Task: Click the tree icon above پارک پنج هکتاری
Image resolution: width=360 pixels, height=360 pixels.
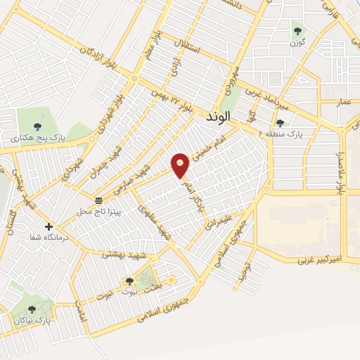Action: [27, 127]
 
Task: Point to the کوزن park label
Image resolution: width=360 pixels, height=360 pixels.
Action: [299, 44]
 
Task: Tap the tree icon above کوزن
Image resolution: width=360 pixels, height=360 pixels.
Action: [298, 31]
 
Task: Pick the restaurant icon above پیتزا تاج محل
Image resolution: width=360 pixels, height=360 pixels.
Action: [98, 200]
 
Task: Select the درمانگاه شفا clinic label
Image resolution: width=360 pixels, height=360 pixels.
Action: [48, 239]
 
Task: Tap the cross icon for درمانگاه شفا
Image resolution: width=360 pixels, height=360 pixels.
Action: [49, 226]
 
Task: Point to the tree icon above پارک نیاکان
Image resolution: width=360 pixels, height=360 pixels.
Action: [31, 309]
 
